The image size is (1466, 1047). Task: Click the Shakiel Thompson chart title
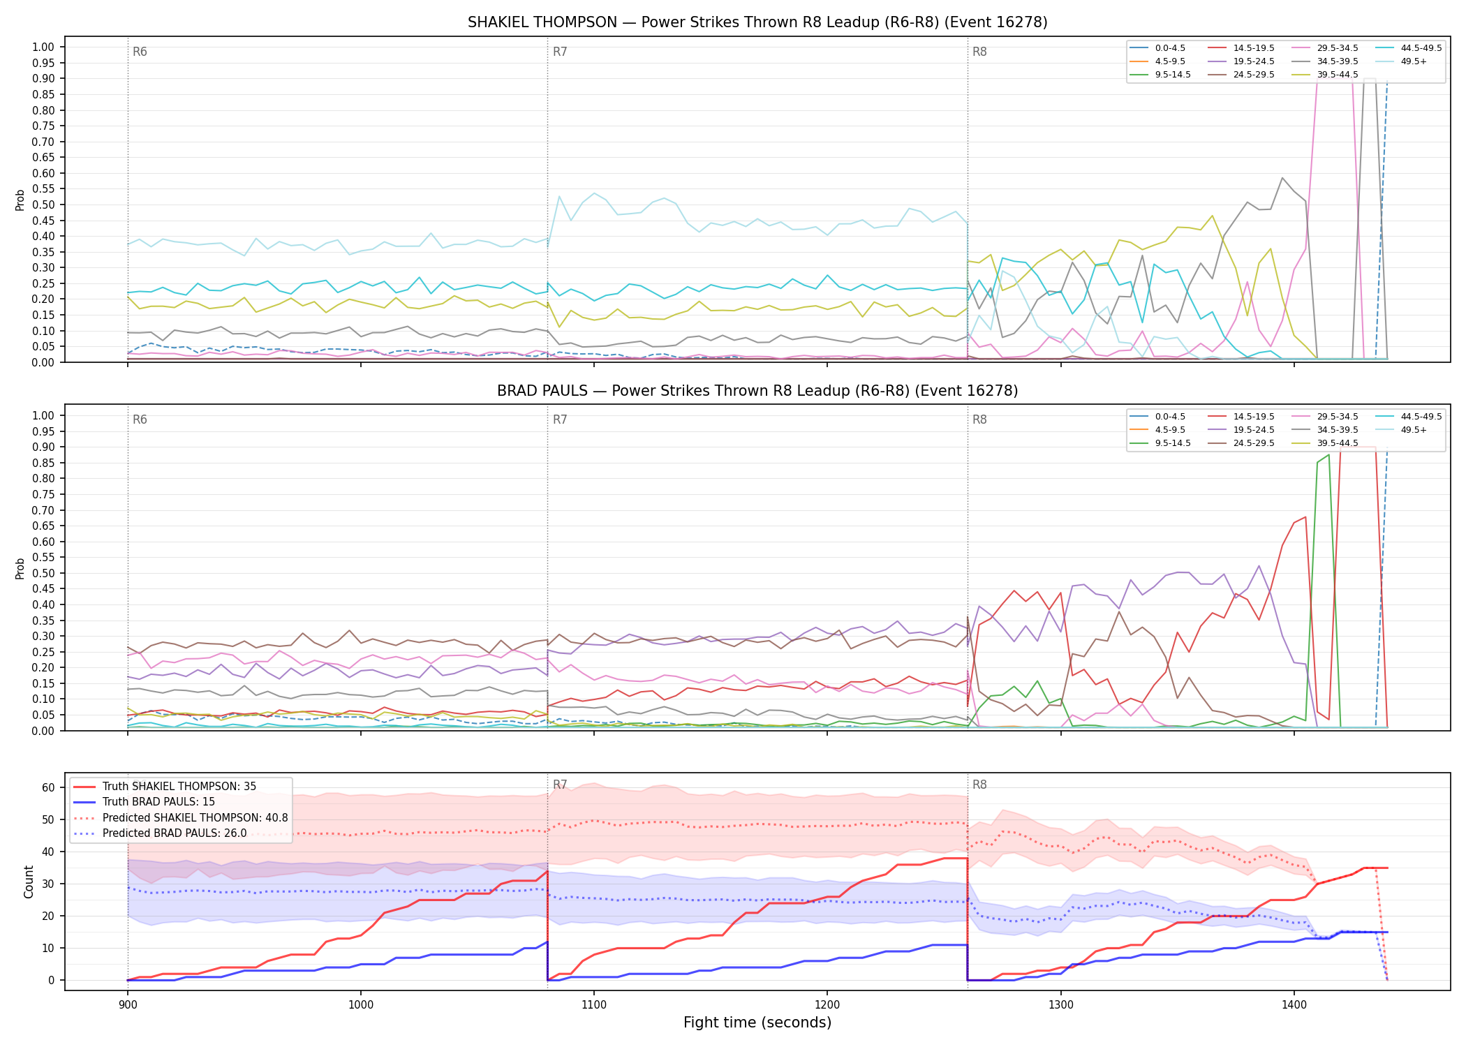757,22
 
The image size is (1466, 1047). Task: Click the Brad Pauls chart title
757,391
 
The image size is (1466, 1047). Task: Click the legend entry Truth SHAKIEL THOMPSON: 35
179,787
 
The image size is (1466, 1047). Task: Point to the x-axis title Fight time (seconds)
757,1023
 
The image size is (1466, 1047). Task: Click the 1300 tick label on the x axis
1060,1004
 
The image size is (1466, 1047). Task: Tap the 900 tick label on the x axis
127,1004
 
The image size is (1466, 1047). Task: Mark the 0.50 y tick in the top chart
43,205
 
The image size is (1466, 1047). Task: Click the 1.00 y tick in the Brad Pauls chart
43,415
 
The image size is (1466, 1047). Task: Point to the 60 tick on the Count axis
48,787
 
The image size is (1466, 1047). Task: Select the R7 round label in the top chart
560,52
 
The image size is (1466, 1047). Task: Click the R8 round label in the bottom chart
979,785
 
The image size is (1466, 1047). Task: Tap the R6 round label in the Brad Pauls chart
140,419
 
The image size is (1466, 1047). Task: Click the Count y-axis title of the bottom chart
29,882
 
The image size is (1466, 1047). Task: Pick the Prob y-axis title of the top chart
20,200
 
